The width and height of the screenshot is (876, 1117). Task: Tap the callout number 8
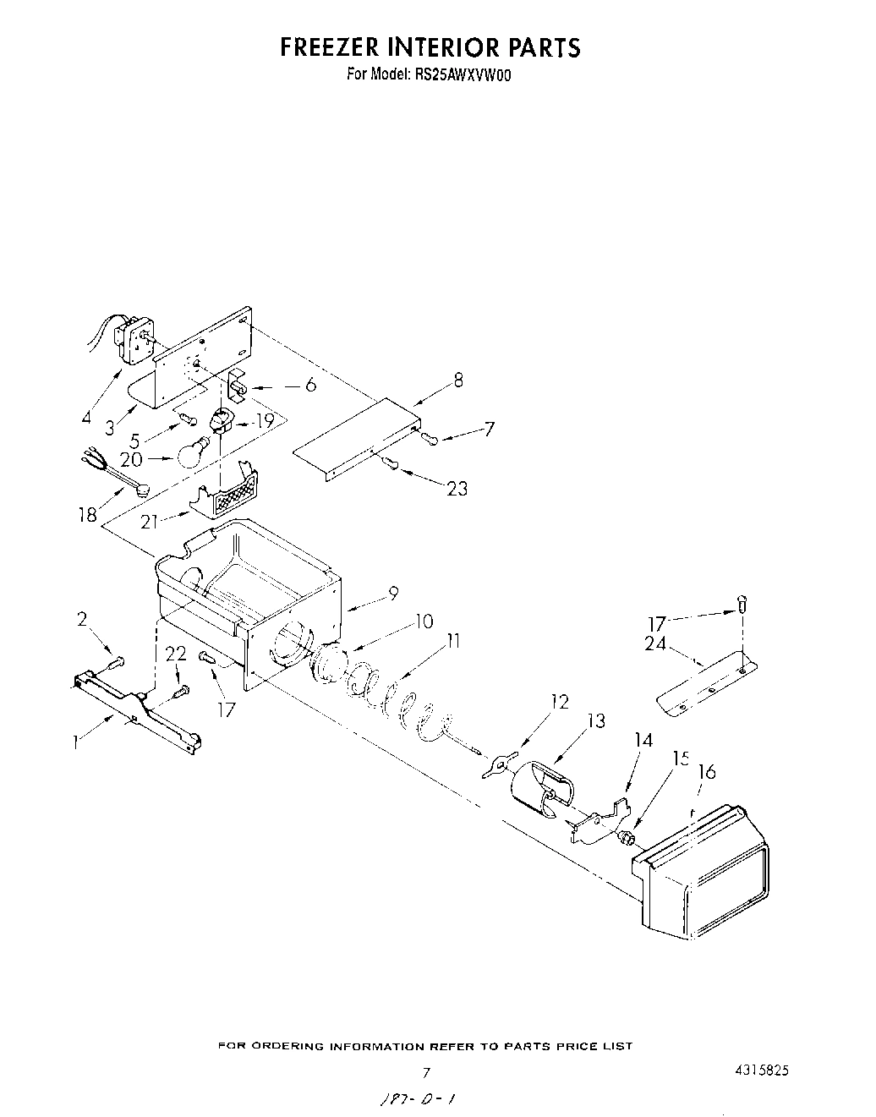(458, 380)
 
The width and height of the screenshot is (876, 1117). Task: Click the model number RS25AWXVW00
(463, 74)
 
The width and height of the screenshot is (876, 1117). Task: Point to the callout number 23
(457, 488)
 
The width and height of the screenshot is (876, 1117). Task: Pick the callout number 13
(595, 720)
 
